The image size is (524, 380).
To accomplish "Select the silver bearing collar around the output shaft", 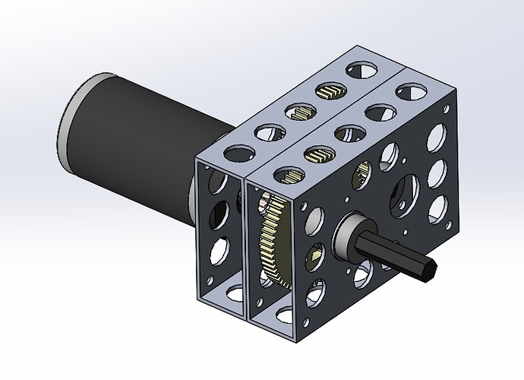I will pyautogui.click(x=351, y=232).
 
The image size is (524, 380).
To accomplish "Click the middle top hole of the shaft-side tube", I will pyautogui.click(x=347, y=134).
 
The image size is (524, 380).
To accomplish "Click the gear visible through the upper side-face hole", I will pyautogui.click(x=363, y=176).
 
